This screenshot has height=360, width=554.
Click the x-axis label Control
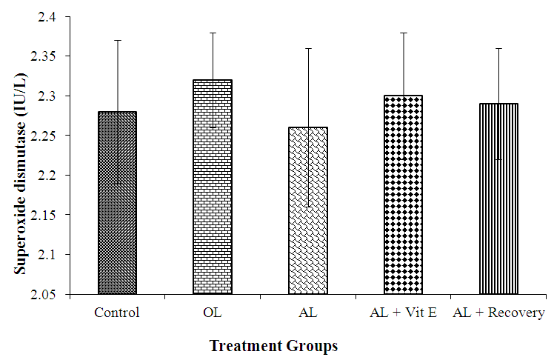[117, 313]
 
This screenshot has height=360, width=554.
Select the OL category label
[212, 313]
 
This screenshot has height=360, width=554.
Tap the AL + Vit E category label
[403, 313]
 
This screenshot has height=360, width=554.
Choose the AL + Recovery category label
[499, 313]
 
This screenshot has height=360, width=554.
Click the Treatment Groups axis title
[273, 346]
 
